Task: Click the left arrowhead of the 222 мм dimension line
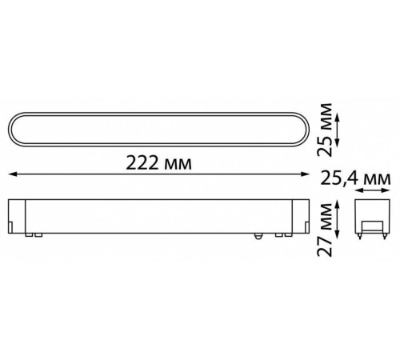[x=10, y=173]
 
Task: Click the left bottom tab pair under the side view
[x=33, y=234]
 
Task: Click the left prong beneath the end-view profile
[x=362, y=236]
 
